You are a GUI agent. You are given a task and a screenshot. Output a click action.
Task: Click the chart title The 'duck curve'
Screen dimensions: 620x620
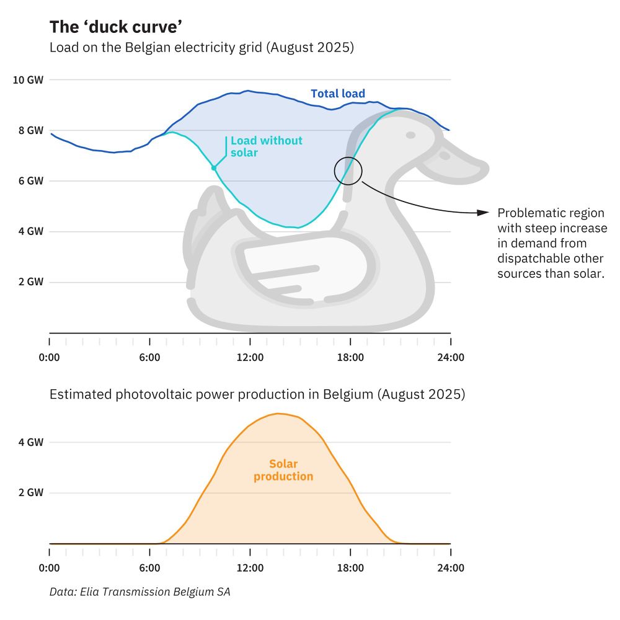pyautogui.click(x=115, y=27)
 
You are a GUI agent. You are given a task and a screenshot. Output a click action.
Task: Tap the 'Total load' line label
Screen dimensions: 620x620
pyautogui.click(x=338, y=94)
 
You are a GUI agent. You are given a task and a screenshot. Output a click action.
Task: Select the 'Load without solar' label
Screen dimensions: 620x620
pyautogui.click(x=266, y=146)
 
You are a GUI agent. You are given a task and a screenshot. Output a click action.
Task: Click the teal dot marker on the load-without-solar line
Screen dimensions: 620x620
pyautogui.click(x=214, y=168)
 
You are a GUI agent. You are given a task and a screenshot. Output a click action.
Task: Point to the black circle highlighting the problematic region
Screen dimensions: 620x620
pyautogui.click(x=348, y=170)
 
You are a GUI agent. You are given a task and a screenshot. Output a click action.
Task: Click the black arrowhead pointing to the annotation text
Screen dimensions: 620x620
pyautogui.click(x=484, y=213)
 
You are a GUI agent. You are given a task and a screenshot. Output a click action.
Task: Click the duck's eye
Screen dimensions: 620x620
pyautogui.click(x=410, y=135)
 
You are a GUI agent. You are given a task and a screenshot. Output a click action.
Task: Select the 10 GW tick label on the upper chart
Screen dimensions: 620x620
pyautogui.click(x=29, y=80)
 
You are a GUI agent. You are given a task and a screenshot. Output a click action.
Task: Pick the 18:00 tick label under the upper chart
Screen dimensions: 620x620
pyautogui.click(x=350, y=358)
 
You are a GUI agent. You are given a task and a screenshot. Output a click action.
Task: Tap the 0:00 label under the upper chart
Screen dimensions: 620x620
pyautogui.click(x=49, y=358)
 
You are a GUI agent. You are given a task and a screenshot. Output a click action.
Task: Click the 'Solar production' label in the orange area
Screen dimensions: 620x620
pyautogui.click(x=283, y=471)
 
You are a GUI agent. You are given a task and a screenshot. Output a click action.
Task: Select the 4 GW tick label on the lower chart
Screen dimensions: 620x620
pyautogui.click(x=31, y=443)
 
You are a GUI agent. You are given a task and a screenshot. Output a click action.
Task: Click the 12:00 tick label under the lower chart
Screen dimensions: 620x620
pyautogui.click(x=250, y=568)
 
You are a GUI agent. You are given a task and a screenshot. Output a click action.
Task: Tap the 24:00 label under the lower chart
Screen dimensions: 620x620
pyautogui.click(x=450, y=568)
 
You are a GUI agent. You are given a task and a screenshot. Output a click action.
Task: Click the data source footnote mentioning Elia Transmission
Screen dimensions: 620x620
pyautogui.click(x=139, y=592)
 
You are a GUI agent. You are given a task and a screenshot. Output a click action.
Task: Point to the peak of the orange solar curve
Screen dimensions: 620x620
pyautogui.click(x=279, y=414)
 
